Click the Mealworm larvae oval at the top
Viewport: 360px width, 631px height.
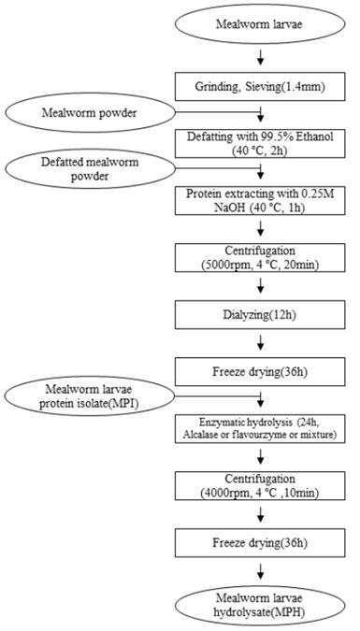pos(260,24)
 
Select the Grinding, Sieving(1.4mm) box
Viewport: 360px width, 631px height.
pos(260,87)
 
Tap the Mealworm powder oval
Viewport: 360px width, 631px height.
pos(90,113)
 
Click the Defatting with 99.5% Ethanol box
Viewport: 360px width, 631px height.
pos(260,144)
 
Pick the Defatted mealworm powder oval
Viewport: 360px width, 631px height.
pos(90,169)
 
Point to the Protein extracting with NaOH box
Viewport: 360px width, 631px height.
pos(260,200)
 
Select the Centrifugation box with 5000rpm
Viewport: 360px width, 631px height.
pos(260,258)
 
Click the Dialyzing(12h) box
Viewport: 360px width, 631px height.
pos(260,315)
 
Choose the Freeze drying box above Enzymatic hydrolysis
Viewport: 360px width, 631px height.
pos(260,372)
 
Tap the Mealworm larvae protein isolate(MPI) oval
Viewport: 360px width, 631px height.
pos(90,396)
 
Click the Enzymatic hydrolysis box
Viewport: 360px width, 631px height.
pos(260,429)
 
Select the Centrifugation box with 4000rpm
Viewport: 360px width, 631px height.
pos(260,486)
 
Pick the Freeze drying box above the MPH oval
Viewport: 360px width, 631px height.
pos(260,543)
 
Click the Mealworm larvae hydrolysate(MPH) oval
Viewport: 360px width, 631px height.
pos(260,606)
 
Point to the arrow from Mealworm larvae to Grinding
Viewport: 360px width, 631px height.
pos(261,58)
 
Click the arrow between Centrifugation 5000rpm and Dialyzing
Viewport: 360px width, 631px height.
pos(261,286)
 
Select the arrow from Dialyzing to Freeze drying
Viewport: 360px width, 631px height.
pos(261,343)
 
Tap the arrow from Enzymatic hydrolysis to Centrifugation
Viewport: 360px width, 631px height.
pos(261,457)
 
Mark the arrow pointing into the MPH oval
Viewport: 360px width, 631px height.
pos(261,571)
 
